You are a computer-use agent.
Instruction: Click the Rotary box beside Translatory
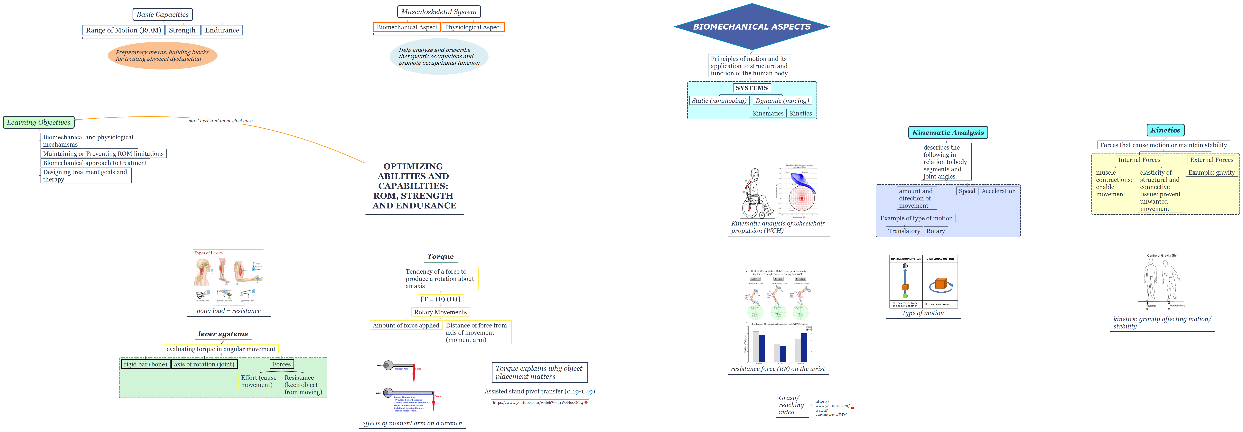point(935,231)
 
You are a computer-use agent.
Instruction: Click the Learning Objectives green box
point(39,123)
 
